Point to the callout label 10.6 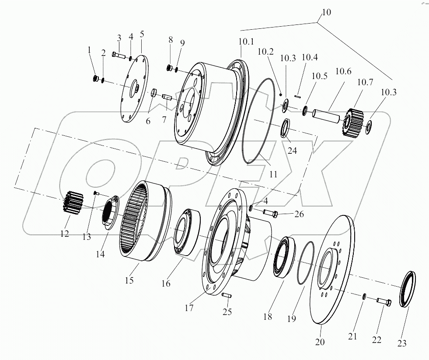point(343,71)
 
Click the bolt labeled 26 point(271,214)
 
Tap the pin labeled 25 point(227,296)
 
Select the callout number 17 point(188,308)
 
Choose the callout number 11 point(273,174)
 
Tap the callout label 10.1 point(246,42)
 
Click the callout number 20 point(320,342)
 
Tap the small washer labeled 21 point(363,297)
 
